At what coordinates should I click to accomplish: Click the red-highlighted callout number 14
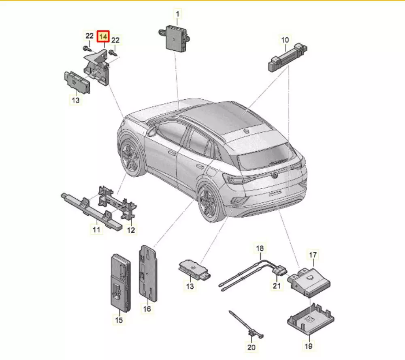tap(103, 36)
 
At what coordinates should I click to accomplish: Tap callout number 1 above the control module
tap(177, 14)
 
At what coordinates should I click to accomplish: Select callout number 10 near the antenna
tap(285, 40)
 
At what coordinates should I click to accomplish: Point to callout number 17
tap(313, 255)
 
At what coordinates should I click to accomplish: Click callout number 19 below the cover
tap(309, 346)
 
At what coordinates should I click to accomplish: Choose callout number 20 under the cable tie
tap(251, 347)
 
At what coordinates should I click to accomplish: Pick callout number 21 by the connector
tap(277, 285)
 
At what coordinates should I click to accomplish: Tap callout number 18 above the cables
tap(260, 248)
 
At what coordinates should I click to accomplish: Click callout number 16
tap(147, 308)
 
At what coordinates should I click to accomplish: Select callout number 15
tap(119, 320)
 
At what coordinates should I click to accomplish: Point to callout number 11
tap(96, 229)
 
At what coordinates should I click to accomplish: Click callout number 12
tap(131, 229)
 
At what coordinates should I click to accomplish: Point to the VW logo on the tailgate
tap(275, 175)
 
